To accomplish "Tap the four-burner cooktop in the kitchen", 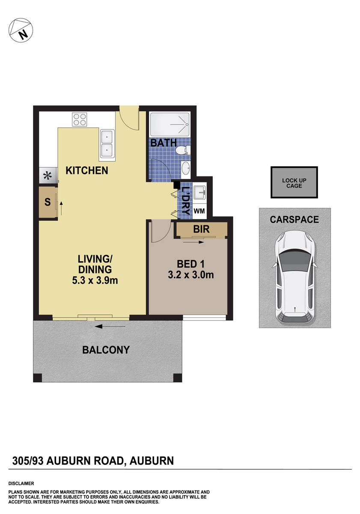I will (x=80, y=119).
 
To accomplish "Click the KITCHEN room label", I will (x=87, y=170).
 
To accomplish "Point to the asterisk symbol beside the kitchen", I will (x=47, y=176).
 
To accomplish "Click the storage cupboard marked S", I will (x=48, y=203).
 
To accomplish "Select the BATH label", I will (x=163, y=143).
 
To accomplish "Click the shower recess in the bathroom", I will (x=169, y=123).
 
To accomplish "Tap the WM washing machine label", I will (x=199, y=211).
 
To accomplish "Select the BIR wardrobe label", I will (x=201, y=230).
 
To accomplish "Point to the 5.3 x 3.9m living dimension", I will (x=95, y=281).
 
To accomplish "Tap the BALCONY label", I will (x=106, y=350).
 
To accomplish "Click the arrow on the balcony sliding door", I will (x=110, y=326).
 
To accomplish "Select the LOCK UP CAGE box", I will (x=295, y=183).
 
